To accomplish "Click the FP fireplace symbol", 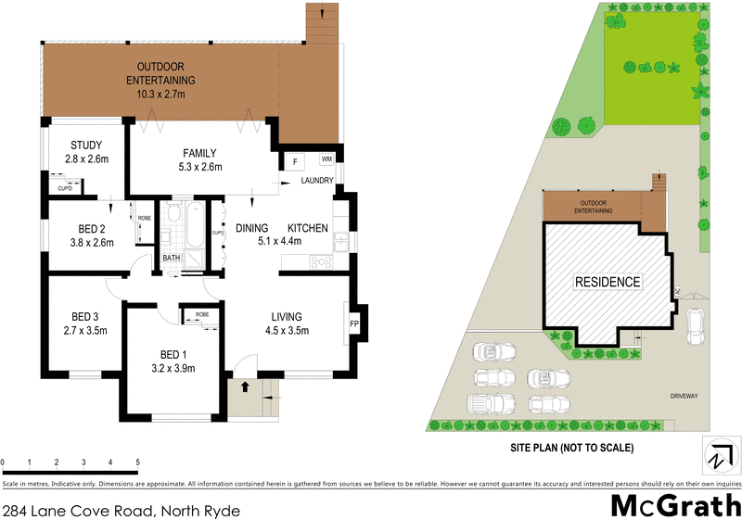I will pos(354,324).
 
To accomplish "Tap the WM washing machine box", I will pos(326,159).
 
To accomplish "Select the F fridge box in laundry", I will pos(295,161).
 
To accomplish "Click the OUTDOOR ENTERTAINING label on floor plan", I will pos(160,74).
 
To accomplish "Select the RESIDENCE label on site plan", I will pos(608,282).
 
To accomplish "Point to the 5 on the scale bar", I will pos(137,462).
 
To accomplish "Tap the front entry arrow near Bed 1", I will pos(245,387).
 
